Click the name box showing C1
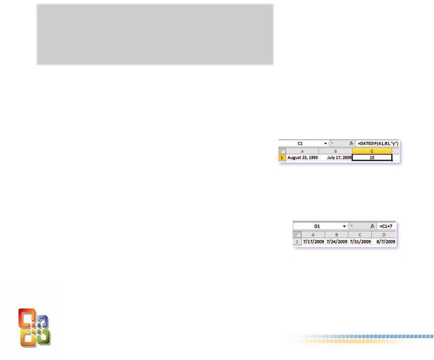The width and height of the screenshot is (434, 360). point(301,144)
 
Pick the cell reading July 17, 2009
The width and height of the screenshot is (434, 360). point(336,158)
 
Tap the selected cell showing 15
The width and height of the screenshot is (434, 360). point(372,158)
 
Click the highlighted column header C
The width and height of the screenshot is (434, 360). point(372,151)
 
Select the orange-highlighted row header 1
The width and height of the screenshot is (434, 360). point(281,158)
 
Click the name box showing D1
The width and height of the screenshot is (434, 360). point(317,227)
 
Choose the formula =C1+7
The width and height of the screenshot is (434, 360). point(387,227)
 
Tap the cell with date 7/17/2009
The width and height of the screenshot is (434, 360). point(313,242)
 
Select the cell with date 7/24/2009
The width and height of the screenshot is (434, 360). point(336,242)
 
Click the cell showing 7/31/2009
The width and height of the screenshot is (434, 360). point(360,242)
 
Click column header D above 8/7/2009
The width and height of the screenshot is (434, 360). point(384,234)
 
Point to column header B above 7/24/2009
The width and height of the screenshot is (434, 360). point(336,234)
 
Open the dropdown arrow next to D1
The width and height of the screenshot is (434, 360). point(344,227)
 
